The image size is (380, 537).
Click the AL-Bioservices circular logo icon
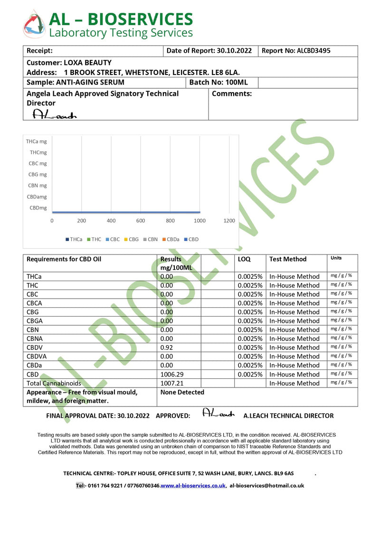tap(34, 24)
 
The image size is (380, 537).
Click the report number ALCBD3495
tap(313, 51)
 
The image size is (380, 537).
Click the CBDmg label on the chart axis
tap(38, 207)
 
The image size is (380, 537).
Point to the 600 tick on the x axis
tap(141, 221)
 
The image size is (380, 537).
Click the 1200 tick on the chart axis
tap(229, 221)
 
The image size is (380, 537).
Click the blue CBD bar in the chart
tap(126, 212)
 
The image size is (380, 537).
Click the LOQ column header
tap(244, 259)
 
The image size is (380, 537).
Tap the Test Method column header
tap(288, 259)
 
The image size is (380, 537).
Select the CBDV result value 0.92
tap(167, 348)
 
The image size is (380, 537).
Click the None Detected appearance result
tap(182, 392)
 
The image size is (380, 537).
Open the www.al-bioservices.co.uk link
tap(193, 486)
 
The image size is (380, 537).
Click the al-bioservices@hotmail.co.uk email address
tap(267, 486)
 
